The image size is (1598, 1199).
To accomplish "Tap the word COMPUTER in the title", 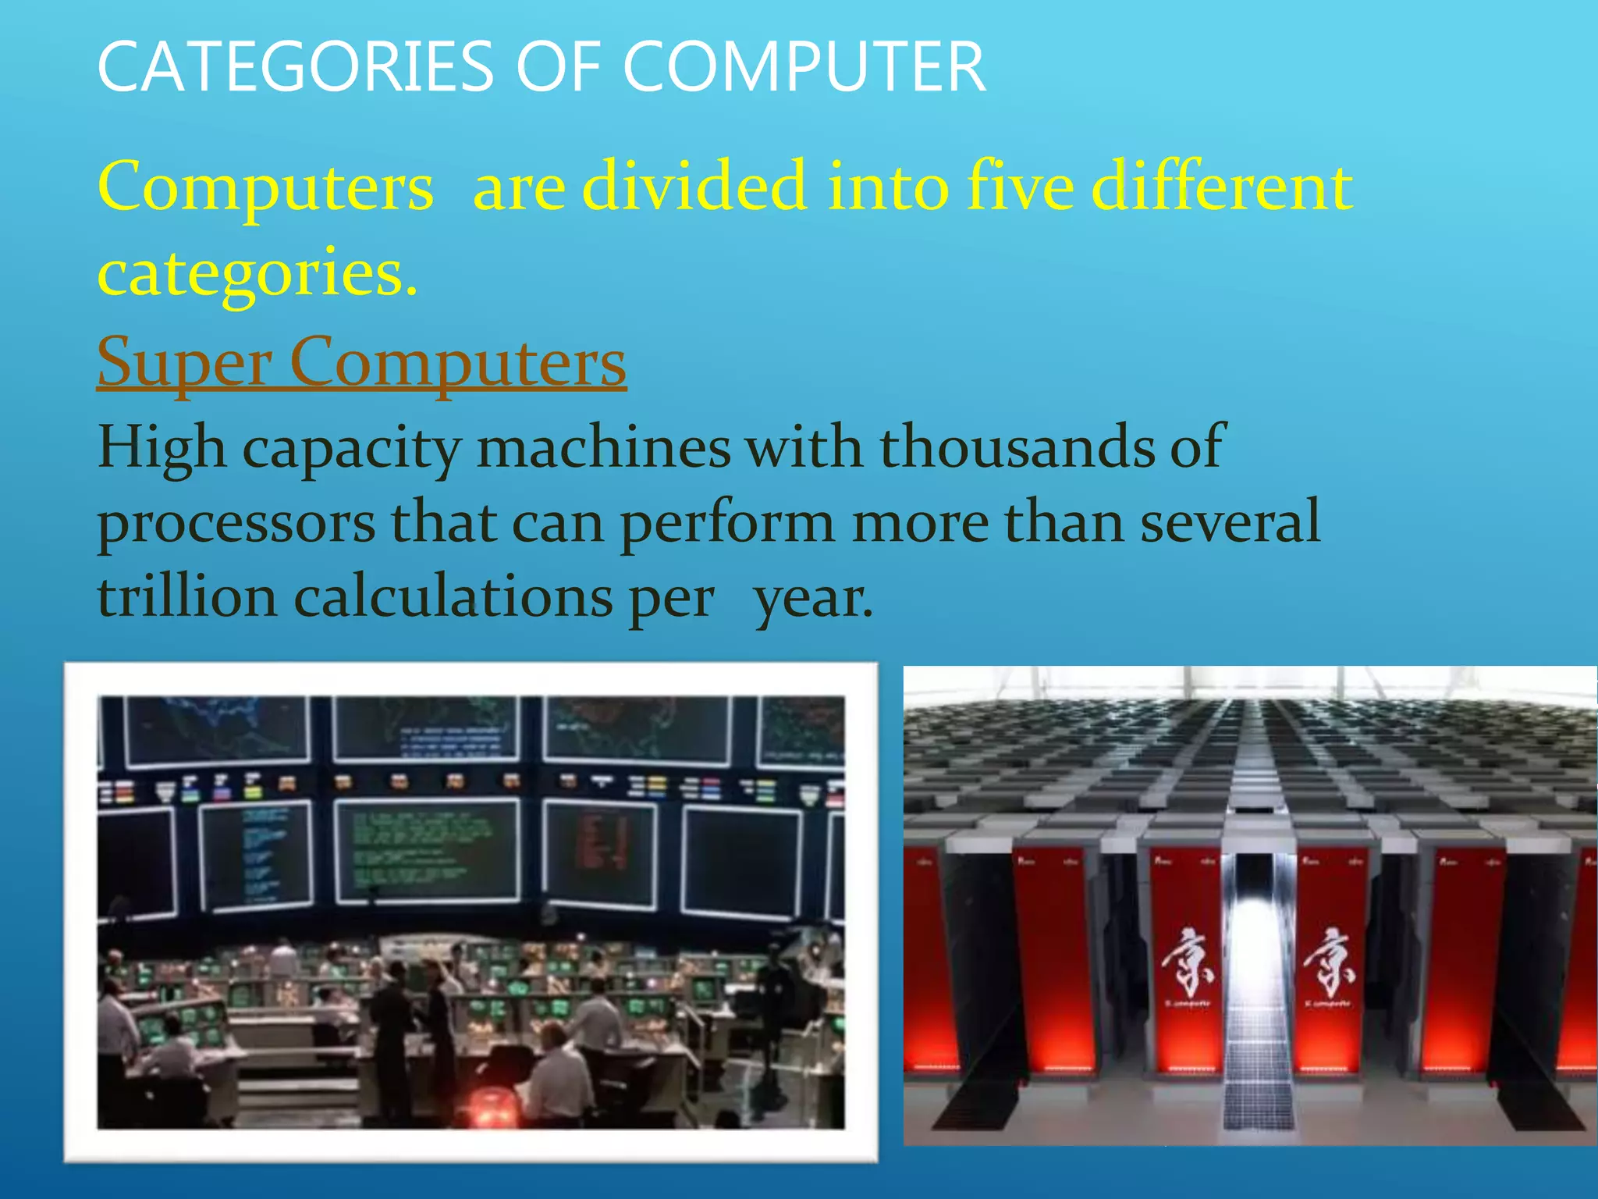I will pyautogui.click(x=804, y=67).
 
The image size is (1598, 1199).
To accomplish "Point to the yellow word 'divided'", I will pyautogui.click(x=694, y=187).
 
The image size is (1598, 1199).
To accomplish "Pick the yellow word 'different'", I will pyautogui.click(x=1222, y=187).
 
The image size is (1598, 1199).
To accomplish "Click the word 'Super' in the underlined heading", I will pyautogui.click(x=184, y=362).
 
